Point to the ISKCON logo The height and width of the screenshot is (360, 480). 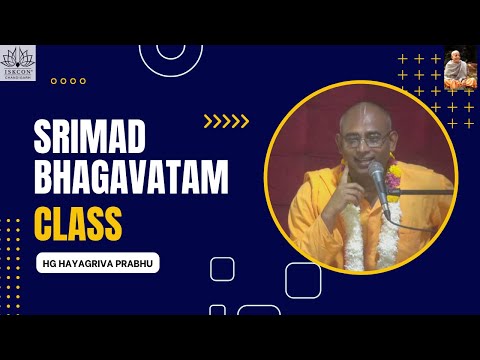(18, 62)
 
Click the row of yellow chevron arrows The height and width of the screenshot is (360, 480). (225, 121)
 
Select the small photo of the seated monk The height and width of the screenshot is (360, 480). (460, 66)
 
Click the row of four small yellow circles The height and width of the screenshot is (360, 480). (67, 81)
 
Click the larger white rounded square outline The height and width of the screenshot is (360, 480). (303, 280)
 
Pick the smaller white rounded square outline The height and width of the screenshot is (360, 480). (222, 269)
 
